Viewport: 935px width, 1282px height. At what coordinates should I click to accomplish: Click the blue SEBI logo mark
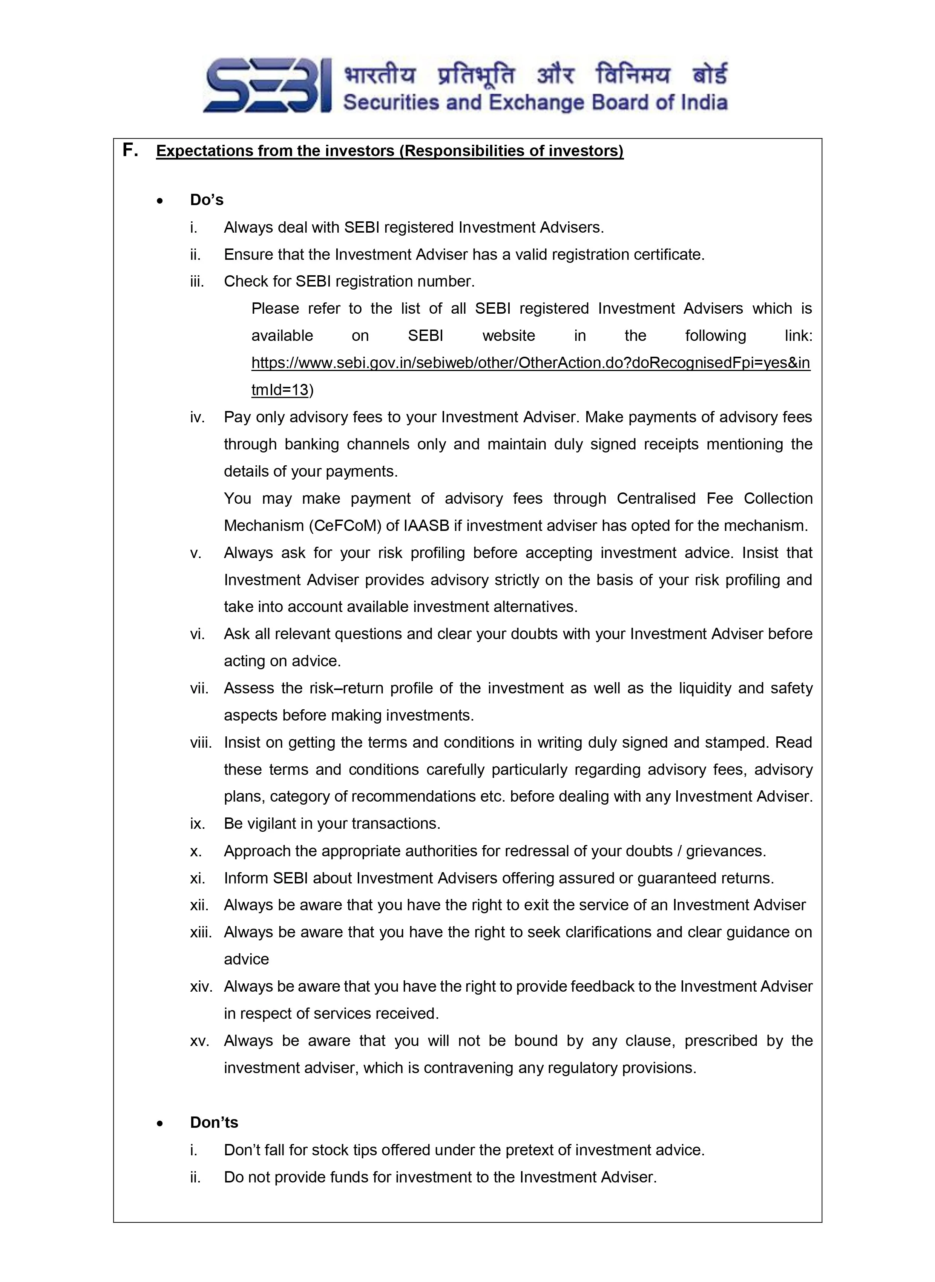click(x=267, y=86)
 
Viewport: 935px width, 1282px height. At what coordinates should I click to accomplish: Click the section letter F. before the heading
click(x=130, y=150)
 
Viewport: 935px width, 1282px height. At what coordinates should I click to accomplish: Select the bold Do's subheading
click(x=207, y=200)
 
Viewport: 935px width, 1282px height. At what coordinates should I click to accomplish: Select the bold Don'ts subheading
click(x=214, y=1123)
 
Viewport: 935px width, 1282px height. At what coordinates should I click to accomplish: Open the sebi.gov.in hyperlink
click(x=530, y=363)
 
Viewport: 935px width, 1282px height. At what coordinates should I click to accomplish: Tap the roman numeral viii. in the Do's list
click(x=200, y=742)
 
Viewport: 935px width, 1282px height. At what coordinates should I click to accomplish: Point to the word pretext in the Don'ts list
click(x=531, y=1150)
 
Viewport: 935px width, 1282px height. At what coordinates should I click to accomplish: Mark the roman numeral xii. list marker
click(x=199, y=905)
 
